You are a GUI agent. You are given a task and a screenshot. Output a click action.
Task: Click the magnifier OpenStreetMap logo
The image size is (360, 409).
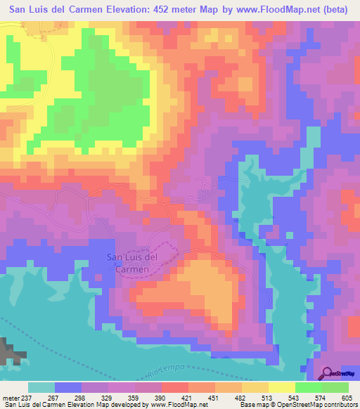point(327,374)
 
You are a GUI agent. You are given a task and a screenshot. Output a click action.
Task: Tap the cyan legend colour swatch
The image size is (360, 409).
point(41,387)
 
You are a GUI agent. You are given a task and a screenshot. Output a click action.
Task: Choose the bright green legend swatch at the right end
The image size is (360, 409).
point(335,387)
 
